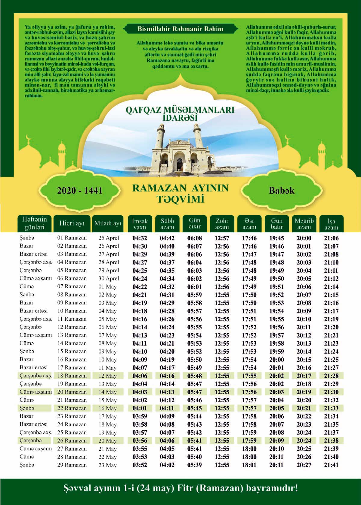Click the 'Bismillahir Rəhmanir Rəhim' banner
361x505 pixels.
180,29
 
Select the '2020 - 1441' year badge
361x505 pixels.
80,191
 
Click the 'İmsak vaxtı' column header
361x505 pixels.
140,224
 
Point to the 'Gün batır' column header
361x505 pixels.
276,224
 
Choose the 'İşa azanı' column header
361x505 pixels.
331,224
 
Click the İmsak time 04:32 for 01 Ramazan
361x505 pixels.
140,238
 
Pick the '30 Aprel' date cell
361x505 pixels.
109,279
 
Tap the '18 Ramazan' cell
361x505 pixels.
72,376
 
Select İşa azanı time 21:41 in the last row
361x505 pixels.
331,465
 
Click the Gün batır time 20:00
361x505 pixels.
276,360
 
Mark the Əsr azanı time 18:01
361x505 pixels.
249,465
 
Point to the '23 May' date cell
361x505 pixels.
107,465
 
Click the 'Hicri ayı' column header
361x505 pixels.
72,224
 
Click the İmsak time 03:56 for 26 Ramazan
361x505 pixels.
140,441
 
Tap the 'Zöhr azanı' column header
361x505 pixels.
222,224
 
